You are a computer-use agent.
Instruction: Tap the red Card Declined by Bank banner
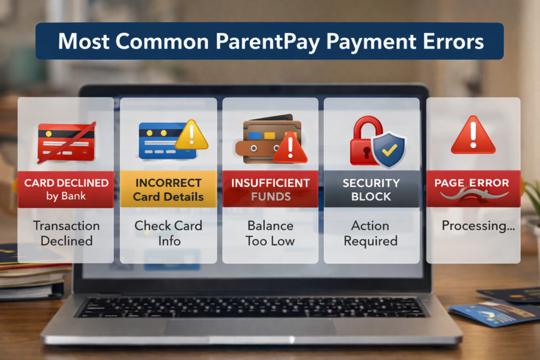pyautogui.click(x=66, y=189)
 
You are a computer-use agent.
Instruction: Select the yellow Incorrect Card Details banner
pyautogui.click(x=168, y=190)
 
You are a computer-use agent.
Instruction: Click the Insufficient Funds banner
pyautogui.click(x=270, y=189)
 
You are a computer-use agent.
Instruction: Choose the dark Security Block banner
pyautogui.click(x=371, y=189)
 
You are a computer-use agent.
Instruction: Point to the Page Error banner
pyautogui.click(x=472, y=187)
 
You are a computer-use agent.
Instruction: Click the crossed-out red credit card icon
pyautogui.click(x=66, y=141)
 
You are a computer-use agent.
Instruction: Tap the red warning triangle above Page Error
pyautogui.click(x=473, y=135)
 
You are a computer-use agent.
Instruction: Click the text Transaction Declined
pyautogui.click(x=66, y=233)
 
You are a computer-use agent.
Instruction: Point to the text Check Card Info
pyautogui.click(x=168, y=233)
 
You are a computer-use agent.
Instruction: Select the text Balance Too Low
pyautogui.click(x=270, y=233)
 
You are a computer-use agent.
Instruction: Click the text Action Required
pyautogui.click(x=371, y=233)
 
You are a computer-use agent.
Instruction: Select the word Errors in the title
pyautogui.click(x=452, y=41)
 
